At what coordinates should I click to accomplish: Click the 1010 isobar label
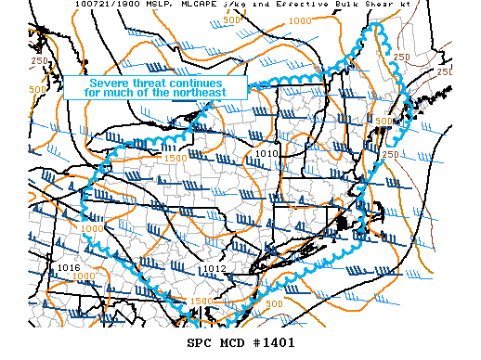(267, 153)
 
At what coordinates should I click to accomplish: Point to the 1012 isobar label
(214, 269)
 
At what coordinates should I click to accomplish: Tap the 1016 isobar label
(68, 267)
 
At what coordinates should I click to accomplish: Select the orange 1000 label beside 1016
(84, 276)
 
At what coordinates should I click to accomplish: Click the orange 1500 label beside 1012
(201, 302)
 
